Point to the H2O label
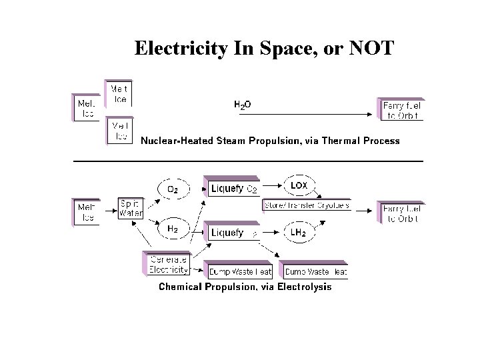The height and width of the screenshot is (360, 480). point(242,105)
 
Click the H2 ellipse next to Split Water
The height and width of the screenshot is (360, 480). point(172,228)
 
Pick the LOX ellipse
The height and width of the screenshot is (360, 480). point(299,184)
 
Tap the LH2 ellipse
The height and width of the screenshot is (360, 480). point(299,233)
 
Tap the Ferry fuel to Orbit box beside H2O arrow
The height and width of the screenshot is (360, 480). point(402,109)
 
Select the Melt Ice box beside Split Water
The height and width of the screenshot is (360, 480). point(87,212)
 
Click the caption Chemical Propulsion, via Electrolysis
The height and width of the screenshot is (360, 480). point(244,287)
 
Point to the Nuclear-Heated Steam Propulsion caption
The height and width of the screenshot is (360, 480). point(270,141)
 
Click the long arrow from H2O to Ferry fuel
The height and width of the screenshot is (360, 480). point(307,115)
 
